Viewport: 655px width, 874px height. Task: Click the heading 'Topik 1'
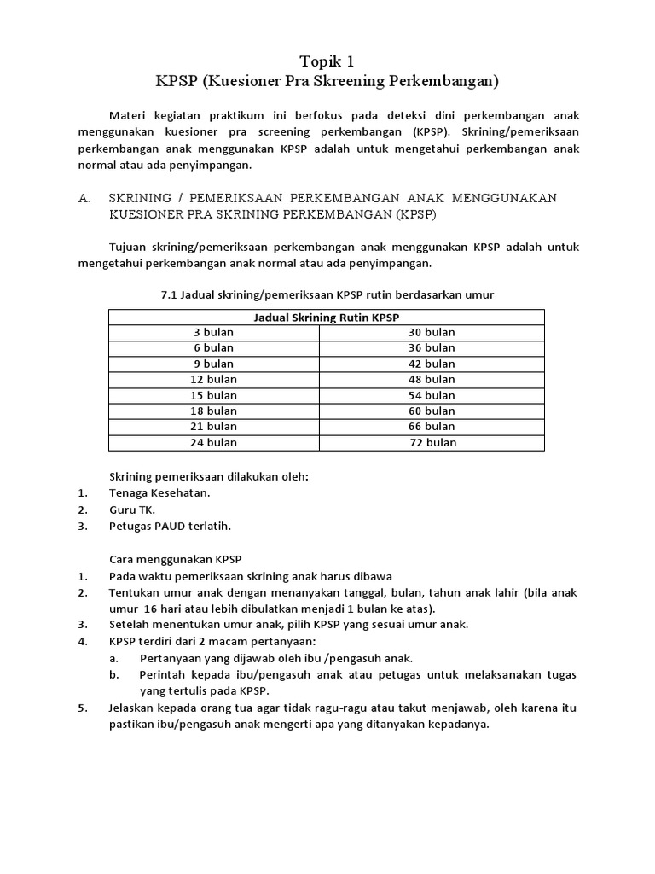(x=327, y=61)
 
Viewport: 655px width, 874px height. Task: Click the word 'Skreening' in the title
(x=356, y=82)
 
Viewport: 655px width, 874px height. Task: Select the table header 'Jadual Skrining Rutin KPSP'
(x=327, y=317)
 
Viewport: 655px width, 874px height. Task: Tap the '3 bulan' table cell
(x=214, y=332)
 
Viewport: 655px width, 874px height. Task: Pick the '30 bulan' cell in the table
(x=432, y=332)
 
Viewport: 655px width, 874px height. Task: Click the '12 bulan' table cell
(x=214, y=379)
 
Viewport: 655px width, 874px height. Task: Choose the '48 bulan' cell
(x=432, y=379)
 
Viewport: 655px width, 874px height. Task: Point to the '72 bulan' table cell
(x=433, y=442)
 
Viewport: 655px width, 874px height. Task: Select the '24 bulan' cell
(x=214, y=442)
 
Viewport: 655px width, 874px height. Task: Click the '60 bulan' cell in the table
(x=432, y=411)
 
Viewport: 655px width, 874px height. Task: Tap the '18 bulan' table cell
(x=214, y=411)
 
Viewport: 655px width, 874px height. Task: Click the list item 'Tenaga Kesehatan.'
(x=159, y=492)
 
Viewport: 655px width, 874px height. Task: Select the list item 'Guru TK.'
(x=132, y=510)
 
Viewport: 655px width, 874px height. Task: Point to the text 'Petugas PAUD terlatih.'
(x=170, y=526)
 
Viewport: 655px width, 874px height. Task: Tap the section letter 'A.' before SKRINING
(x=84, y=198)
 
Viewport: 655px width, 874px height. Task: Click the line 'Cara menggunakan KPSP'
(x=176, y=559)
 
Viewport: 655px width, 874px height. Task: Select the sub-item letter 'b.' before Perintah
(x=114, y=674)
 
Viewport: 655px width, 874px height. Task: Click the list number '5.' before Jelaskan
(x=82, y=708)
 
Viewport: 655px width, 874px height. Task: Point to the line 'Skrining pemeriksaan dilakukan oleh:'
(x=208, y=476)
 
